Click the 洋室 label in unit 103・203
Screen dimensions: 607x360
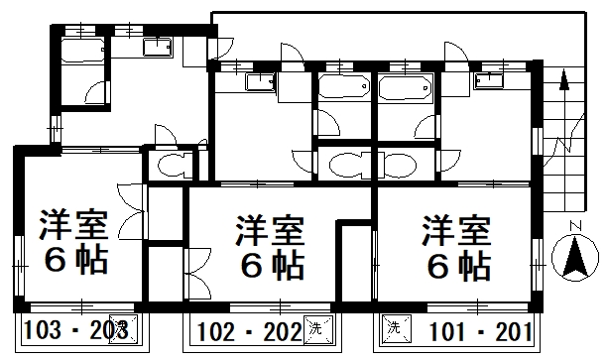click(x=74, y=225)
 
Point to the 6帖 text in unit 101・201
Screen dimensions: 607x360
click(x=457, y=266)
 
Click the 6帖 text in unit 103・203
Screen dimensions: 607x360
click(x=74, y=260)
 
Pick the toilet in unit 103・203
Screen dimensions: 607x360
click(x=170, y=168)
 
